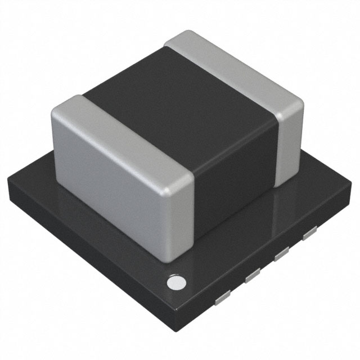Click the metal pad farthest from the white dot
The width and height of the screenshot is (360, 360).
click(x=309, y=235)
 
